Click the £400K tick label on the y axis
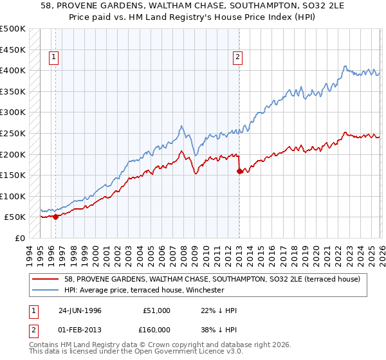pos(13,71)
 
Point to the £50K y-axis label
pos(15,217)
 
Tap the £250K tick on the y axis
pos(13,134)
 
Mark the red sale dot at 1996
pos(55,217)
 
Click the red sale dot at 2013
pos(239,171)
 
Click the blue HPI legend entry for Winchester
pos(143,290)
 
